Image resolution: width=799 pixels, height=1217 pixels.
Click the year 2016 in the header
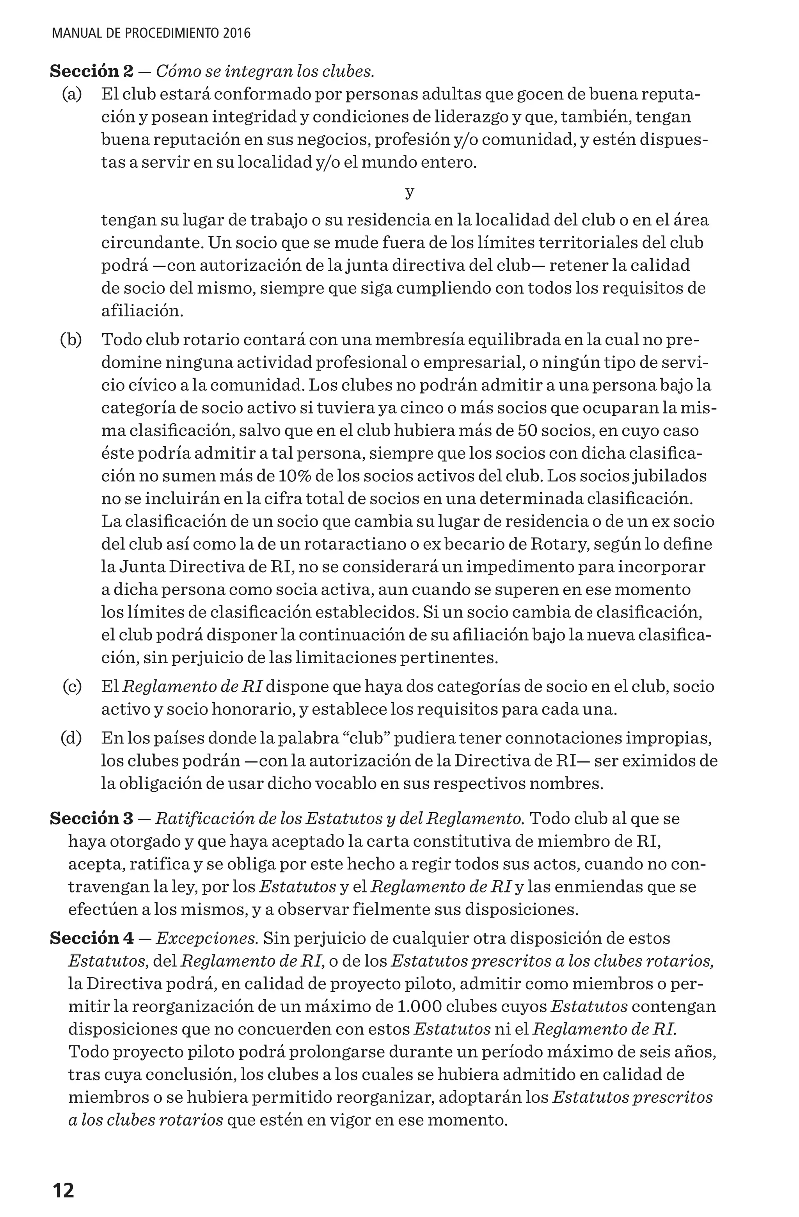pos(237,34)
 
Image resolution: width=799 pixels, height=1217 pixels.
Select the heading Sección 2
pos(92,71)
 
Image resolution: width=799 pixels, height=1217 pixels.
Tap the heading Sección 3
pos(92,819)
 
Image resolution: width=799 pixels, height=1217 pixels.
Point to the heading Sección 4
pos(92,938)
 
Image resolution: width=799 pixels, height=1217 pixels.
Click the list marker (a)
pos(72,94)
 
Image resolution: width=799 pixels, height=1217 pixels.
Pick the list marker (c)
pos(72,686)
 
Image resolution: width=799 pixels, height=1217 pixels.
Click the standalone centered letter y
pos(409,192)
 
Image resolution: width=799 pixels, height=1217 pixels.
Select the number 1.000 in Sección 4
pos(421,1006)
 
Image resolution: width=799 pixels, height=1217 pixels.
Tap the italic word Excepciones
pos(206,938)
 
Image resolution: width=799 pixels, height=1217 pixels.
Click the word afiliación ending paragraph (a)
pos(142,310)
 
